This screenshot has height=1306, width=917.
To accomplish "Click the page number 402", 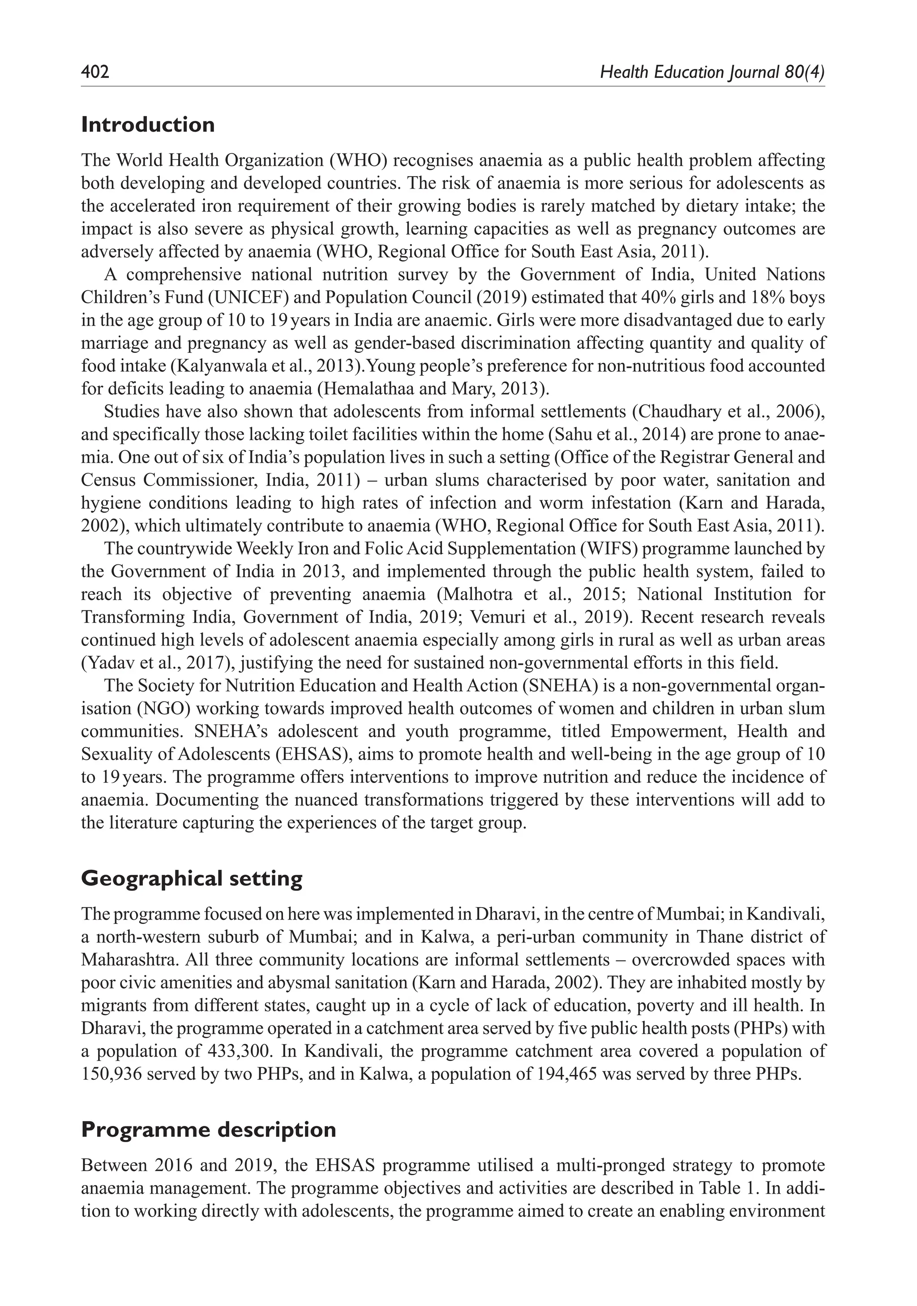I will click(x=95, y=72).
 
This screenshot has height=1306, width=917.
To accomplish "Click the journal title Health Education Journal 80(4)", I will click(x=712, y=72).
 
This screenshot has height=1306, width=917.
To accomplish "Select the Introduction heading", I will click(x=148, y=125).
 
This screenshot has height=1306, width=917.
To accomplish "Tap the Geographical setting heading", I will click(x=192, y=878).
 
